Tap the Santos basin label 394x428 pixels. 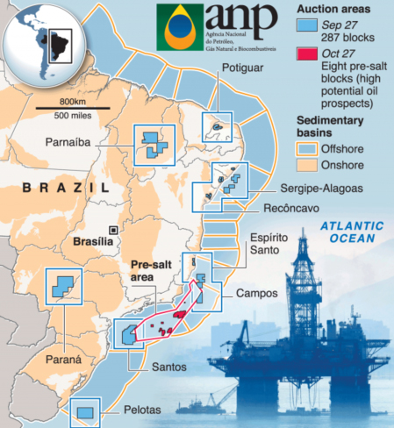point(167,368)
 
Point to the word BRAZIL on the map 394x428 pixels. point(65,188)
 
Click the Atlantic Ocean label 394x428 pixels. point(352,232)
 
